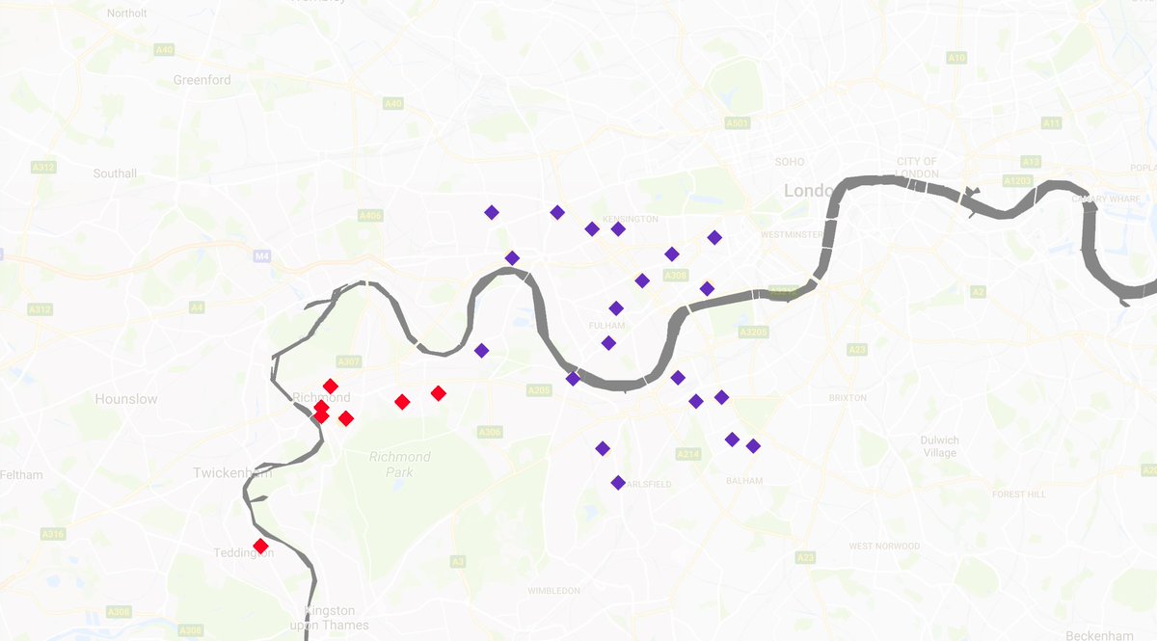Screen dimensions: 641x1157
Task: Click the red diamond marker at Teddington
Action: (260, 547)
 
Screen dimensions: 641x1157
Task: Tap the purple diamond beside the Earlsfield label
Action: (618, 483)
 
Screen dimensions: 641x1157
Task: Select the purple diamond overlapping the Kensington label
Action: (618, 228)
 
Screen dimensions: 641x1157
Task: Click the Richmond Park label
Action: (399, 464)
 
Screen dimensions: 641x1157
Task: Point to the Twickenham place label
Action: (232, 472)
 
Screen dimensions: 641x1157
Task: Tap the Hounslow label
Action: (126, 398)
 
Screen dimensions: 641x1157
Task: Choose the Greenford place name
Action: (202, 80)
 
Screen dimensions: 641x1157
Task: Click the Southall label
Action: (115, 174)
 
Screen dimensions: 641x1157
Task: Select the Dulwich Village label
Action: (939, 446)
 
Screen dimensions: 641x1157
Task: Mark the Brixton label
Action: (848, 397)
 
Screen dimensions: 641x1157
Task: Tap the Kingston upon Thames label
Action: (330, 618)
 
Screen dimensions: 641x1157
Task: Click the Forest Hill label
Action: (1019, 494)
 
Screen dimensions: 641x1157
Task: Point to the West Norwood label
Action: (884, 547)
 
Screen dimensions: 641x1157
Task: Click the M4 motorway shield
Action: (260, 256)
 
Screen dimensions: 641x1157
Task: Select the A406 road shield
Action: (370, 215)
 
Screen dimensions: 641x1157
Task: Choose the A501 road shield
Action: (738, 123)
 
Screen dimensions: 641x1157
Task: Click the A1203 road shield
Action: (1017, 180)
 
